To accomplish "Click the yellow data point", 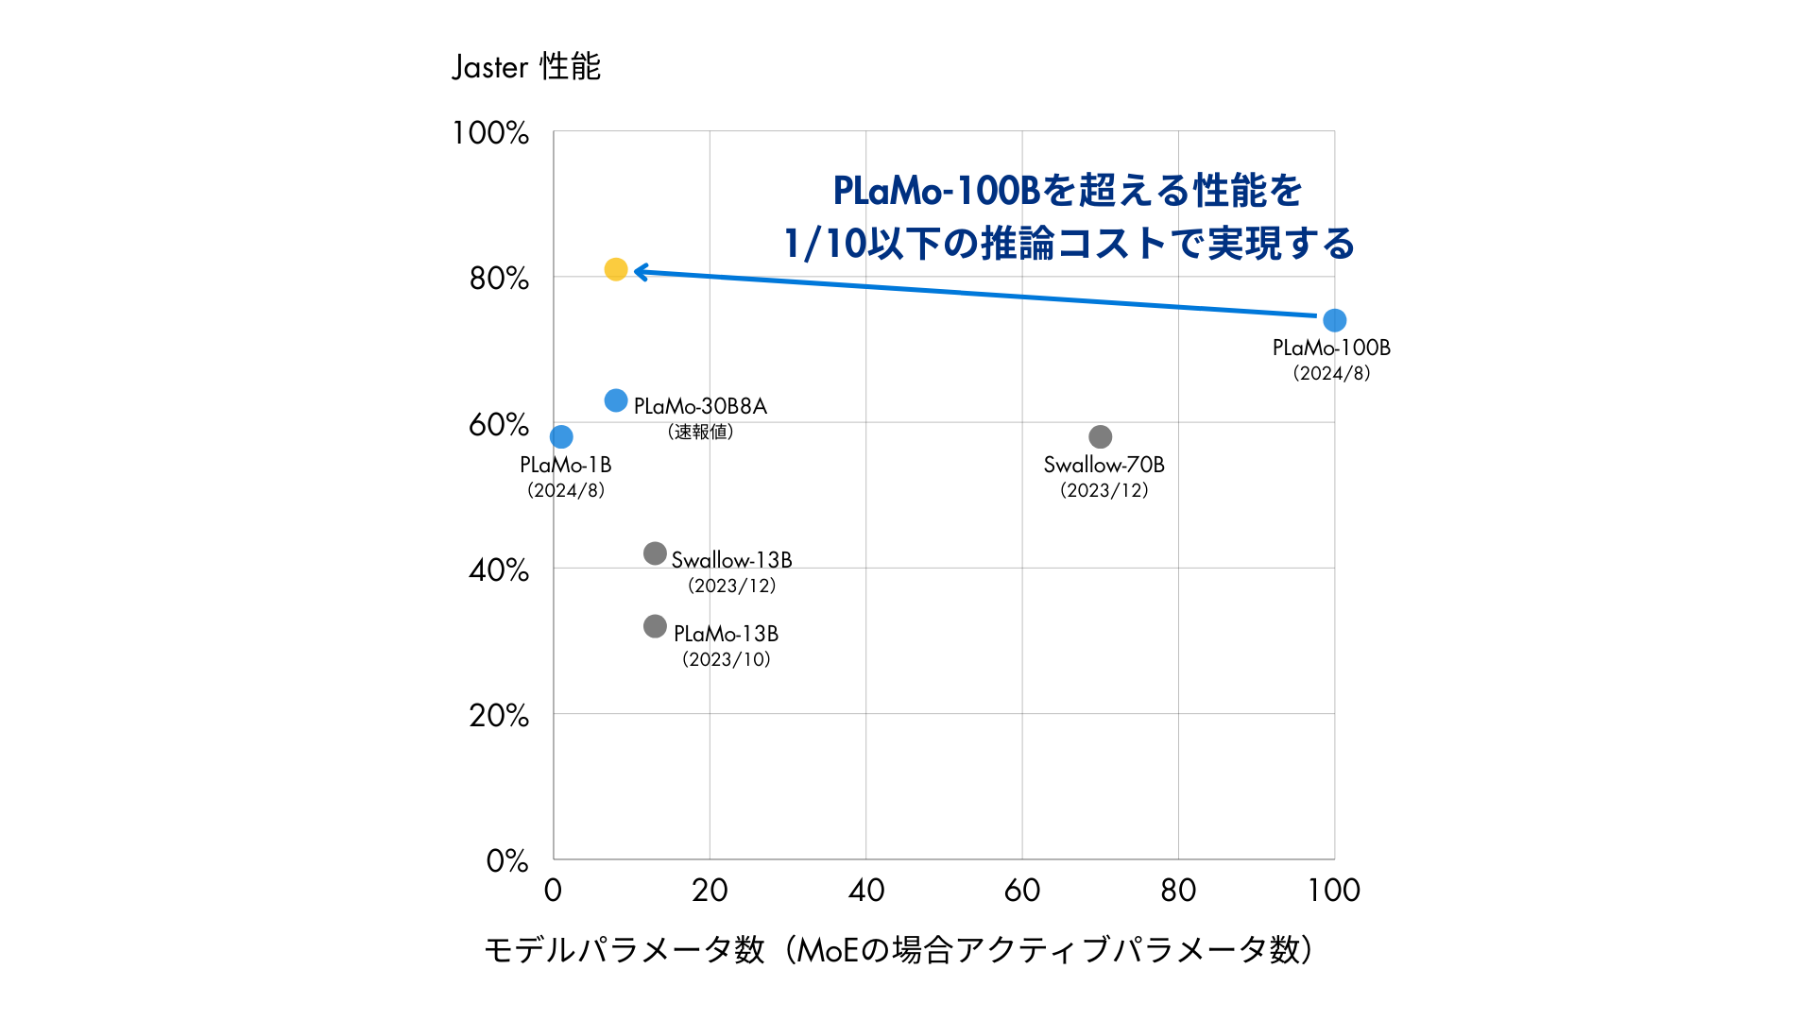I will coord(615,270).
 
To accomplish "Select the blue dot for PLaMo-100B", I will coord(1334,320).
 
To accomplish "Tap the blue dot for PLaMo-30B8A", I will coord(615,400).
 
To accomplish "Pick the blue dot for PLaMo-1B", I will coord(561,436).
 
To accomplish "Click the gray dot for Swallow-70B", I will coord(1100,436).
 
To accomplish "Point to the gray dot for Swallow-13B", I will coord(655,553).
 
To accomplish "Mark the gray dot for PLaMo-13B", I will coord(655,626).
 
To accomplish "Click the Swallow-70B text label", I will coord(1104,465).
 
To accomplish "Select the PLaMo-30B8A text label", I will coord(700,406).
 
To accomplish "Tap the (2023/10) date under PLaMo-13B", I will coord(726,659).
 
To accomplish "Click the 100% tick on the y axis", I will coord(490,133).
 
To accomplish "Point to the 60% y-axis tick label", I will coord(498,425).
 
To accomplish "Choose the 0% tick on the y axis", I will coord(506,861).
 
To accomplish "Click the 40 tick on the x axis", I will coord(865,890).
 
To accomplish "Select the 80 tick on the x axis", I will coord(1178,890).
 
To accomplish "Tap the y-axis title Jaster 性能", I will coord(526,67).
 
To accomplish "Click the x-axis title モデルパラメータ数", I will coord(624,949).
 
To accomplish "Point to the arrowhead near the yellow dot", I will coord(641,272).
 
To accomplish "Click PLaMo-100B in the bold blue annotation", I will coord(936,191).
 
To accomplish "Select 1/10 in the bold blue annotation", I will coord(825,244).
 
